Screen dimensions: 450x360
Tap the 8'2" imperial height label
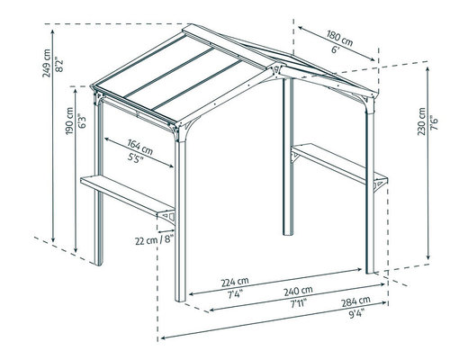(59, 65)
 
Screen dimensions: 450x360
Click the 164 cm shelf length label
(139, 147)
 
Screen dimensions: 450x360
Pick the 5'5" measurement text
(135, 157)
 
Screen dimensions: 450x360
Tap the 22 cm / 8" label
(154, 240)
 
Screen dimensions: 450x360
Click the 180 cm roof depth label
(340, 38)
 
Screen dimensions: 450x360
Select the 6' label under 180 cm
(335, 49)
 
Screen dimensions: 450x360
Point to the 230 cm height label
(421, 121)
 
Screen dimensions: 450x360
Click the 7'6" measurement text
(434, 122)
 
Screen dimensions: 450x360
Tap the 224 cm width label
(235, 282)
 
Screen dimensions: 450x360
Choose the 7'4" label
(235, 294)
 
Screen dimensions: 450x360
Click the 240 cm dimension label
(299, 291)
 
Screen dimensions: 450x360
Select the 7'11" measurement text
(298, 303)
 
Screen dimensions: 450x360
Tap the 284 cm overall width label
(355, 301)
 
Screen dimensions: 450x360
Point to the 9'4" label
(355, 313)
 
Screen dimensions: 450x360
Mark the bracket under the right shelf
(381, 184)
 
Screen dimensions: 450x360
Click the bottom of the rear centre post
(288, 233)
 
